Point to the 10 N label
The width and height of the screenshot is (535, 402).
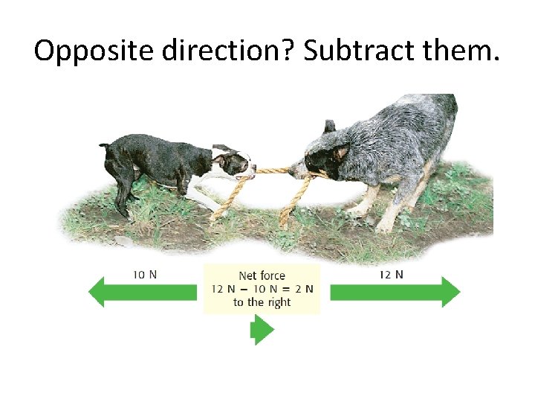(x=144, y=274)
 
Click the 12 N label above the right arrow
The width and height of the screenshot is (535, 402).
(x=392, y=274)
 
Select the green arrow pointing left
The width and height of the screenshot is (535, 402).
(x=142, y=293)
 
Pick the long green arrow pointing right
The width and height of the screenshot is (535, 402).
(x=395, y=293)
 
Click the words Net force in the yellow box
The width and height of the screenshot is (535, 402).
(x=262, y=276)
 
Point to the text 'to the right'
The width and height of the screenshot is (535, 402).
(x=262, y=302)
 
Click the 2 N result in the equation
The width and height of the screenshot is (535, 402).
(x=304, y=289)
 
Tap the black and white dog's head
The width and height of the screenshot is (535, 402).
(x=233, y=162)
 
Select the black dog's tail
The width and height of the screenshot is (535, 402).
(x=105, y=144)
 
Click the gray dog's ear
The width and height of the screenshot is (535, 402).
(x=330, y=127)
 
